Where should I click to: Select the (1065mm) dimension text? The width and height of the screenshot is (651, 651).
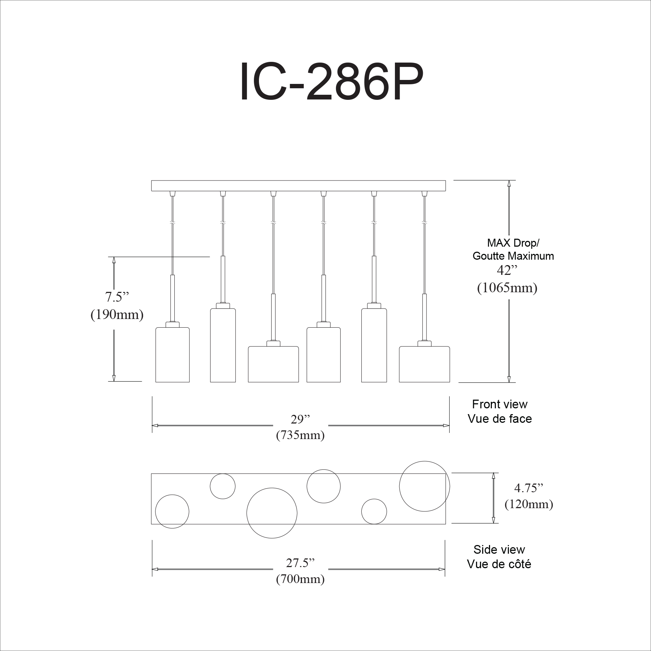[507, 288]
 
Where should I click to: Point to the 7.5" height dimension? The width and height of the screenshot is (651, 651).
[117, 297]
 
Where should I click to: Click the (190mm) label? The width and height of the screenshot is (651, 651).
[117, 315]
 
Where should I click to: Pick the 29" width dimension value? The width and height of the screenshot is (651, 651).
[301, 420]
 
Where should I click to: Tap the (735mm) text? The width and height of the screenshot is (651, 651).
[300, 435]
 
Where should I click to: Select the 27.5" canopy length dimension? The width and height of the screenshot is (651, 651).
[300, 563]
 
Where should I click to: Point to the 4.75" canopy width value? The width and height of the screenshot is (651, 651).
[529, 488]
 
